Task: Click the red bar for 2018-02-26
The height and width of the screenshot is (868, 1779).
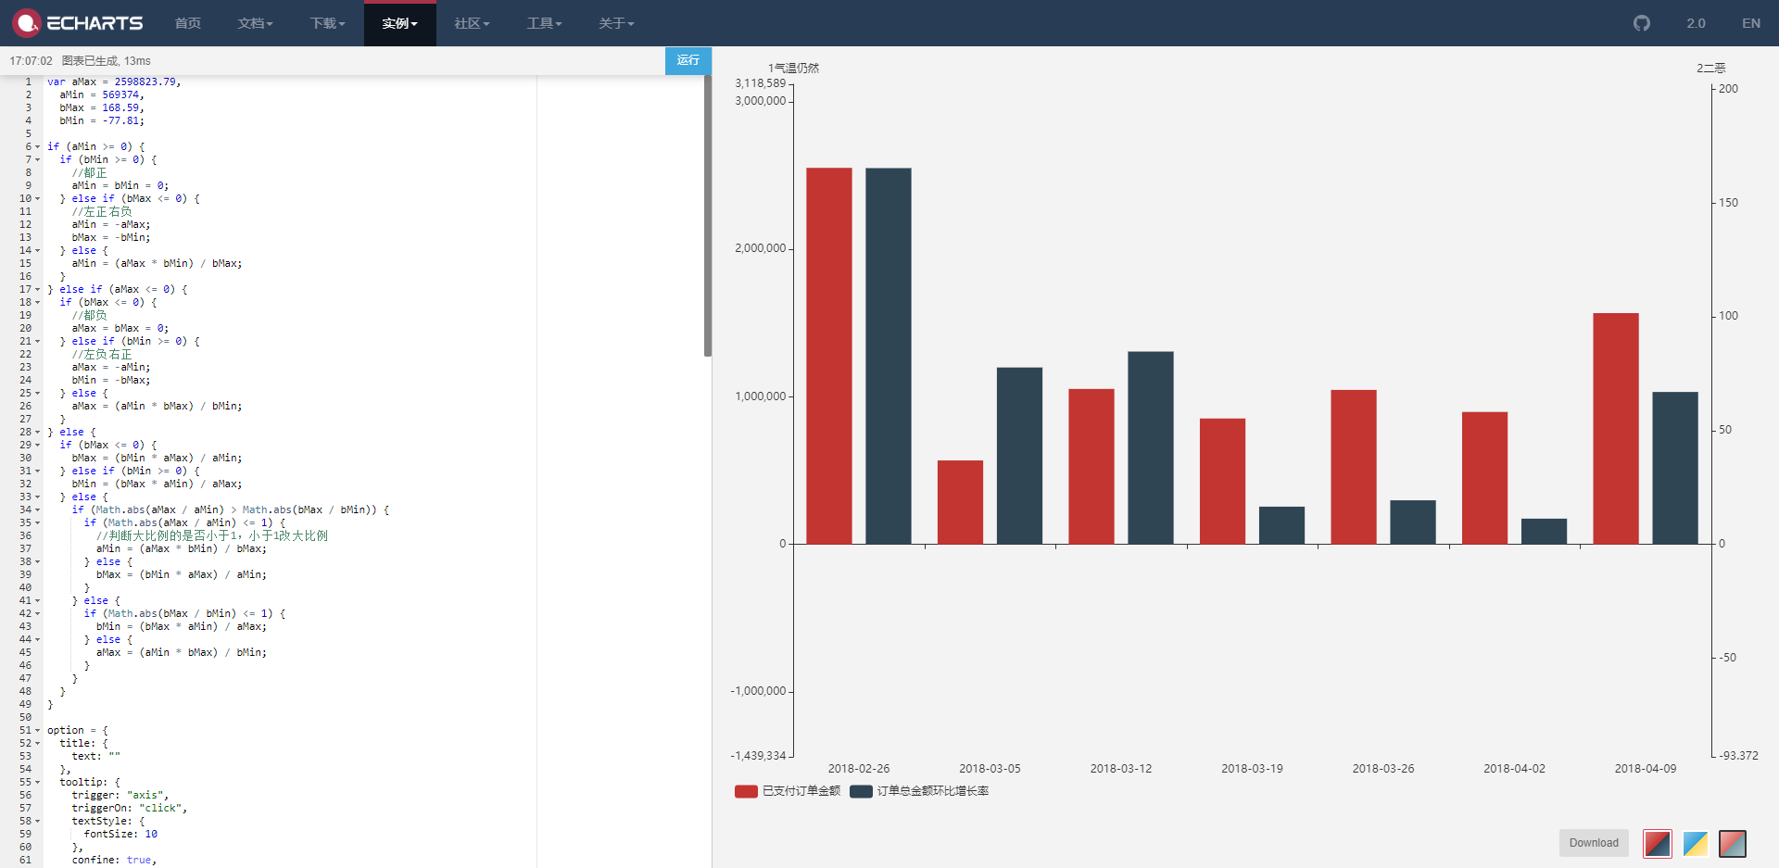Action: tap(828, 356)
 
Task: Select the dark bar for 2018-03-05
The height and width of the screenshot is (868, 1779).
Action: tap(1019, 456)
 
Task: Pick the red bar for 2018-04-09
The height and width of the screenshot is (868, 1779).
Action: tap(1616, 428)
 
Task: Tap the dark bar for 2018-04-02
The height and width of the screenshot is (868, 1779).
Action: tap(1544, 532)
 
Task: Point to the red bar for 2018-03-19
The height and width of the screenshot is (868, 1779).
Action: tap(1222, 481)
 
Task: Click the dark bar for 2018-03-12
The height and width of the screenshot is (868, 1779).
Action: tap(1151, 447)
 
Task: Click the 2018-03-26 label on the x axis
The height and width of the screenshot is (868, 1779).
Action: tap(1383, 769)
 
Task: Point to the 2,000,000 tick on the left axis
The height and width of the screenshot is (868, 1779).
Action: tap(760, 248)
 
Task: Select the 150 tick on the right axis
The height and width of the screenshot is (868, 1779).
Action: tap(1728, 203)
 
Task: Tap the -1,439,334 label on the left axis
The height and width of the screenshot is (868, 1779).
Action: tap(758, 756)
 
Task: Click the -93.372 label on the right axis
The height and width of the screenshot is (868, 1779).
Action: tap(1738, 756)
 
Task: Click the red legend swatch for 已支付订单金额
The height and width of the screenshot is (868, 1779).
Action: tap(746, 792)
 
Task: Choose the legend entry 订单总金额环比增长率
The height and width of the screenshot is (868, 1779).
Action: tap(932, 791)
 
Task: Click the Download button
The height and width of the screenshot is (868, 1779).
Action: tap(1594, 843)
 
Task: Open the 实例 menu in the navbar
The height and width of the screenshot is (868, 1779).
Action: tap(399, 23)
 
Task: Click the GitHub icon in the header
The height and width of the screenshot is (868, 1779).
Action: tap(1642, 23)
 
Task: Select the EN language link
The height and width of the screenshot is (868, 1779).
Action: tap(1750, 23)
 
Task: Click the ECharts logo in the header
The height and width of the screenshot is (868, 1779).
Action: tap(78, 23)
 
